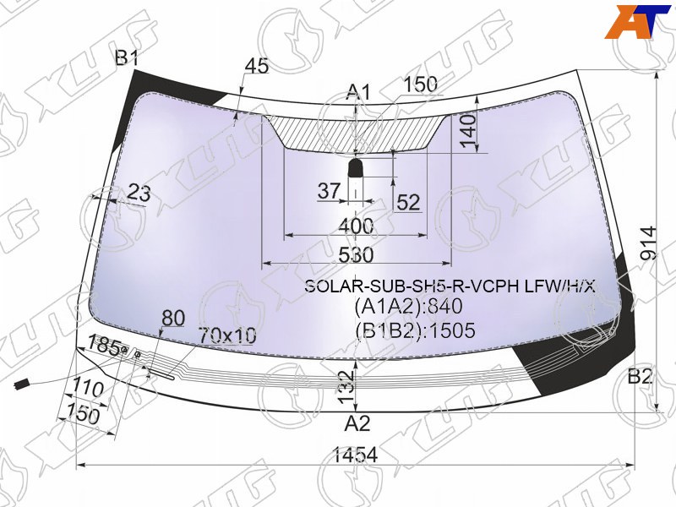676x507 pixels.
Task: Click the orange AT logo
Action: pos(638,23)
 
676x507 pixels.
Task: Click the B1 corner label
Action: pos(126,57)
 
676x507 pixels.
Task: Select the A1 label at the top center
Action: pos(358,92)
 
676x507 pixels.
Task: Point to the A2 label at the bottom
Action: pos(357,423)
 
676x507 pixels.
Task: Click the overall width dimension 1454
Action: pos(356,455)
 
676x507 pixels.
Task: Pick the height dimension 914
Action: pos(648,243)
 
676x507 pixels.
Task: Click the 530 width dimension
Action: pos(356,255)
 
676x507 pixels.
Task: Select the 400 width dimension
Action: pos(356,226)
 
